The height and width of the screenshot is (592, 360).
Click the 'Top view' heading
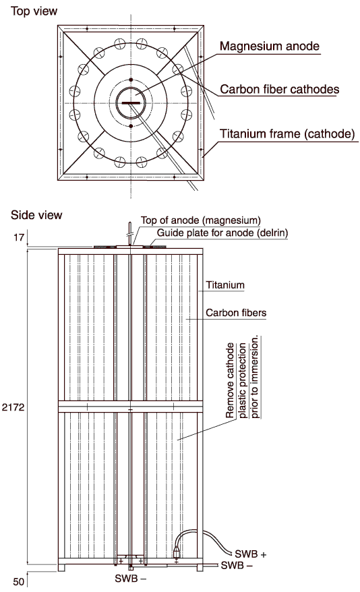pos(34,11)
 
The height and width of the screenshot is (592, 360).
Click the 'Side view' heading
pos(36,215)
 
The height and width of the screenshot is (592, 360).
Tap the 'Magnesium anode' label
pos(270,46)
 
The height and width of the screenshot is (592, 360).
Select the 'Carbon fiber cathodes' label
pos(280,89)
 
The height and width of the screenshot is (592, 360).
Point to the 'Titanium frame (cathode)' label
pos(288,134)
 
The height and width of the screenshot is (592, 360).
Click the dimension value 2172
pos(13,407)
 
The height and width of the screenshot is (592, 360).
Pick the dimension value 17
pos(19,237)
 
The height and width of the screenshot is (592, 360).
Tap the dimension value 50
pos(18,581)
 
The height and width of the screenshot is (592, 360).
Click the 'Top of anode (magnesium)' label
pos(201,220)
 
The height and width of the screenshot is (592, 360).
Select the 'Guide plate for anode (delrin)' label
pos(222,233)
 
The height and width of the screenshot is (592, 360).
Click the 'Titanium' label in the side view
pos(225,285)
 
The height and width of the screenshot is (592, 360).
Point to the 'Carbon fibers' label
pos(236,313)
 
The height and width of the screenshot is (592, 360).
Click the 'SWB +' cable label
pos(251,554)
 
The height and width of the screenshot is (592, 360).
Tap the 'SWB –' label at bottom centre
pos(130,578)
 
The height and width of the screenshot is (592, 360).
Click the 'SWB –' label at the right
pos(237,565)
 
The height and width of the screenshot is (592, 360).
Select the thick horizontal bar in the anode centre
pos(131,102)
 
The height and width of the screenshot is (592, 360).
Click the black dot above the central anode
pos(131,80)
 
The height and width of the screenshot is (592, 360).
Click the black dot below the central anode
pos(131,126)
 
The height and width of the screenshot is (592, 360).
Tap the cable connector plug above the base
pos(176,553)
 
